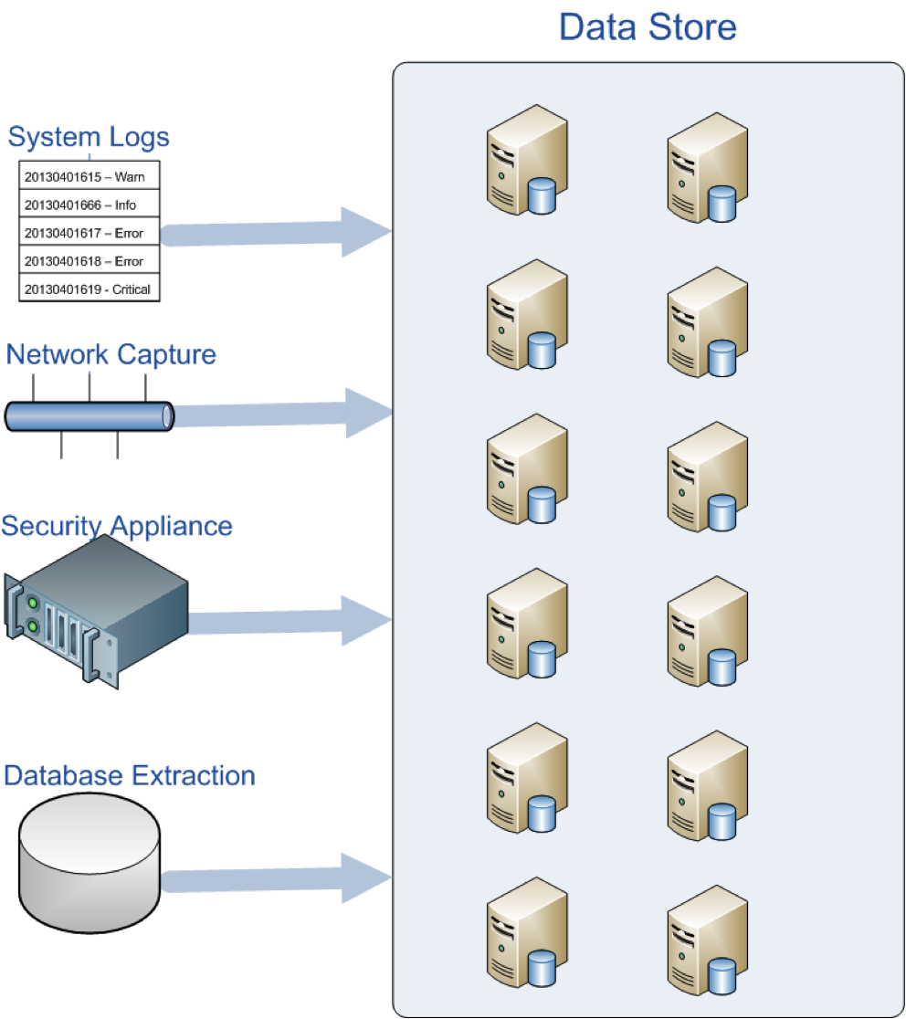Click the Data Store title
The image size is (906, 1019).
point(647,26)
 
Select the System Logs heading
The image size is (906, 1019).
point(89,137)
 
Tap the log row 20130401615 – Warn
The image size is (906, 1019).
point(84,176)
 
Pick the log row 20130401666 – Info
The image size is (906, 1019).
point(80,205)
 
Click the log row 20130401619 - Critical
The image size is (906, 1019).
point(87,289)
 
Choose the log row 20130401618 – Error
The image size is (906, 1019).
point(84,261)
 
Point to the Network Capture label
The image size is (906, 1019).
point(111,354)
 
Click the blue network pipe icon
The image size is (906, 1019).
point(89,415)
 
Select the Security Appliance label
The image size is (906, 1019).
point(117,526)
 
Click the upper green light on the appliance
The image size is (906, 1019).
point(33,604)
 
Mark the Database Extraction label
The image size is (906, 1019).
point(130,775)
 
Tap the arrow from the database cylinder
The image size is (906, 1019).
point(274,878)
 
